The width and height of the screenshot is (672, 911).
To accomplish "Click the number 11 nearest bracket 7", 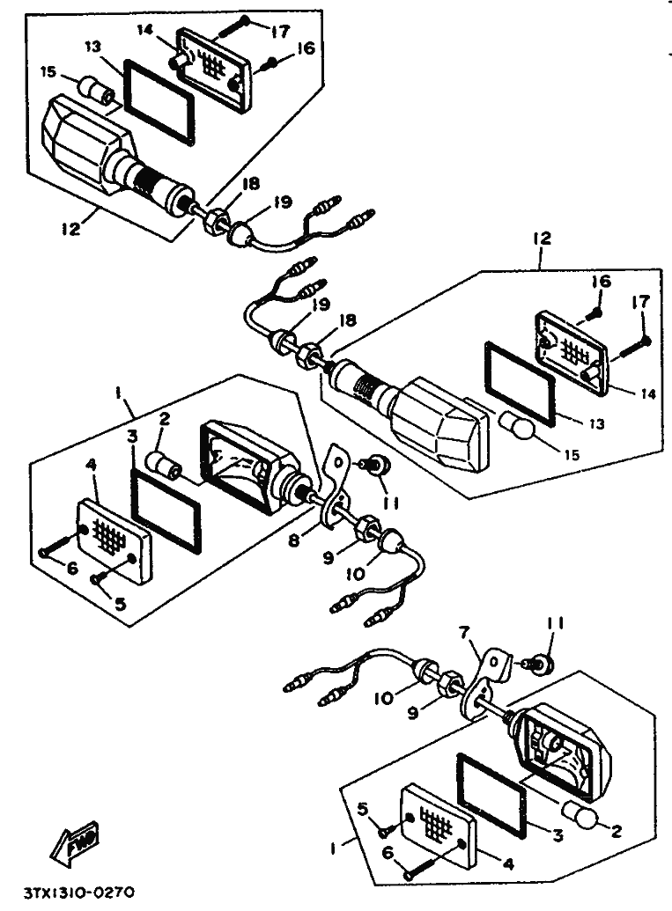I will tap(556, 626).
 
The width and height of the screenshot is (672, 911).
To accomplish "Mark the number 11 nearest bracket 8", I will tap(392, 503).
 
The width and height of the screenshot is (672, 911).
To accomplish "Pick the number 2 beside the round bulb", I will tap(615, 829).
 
